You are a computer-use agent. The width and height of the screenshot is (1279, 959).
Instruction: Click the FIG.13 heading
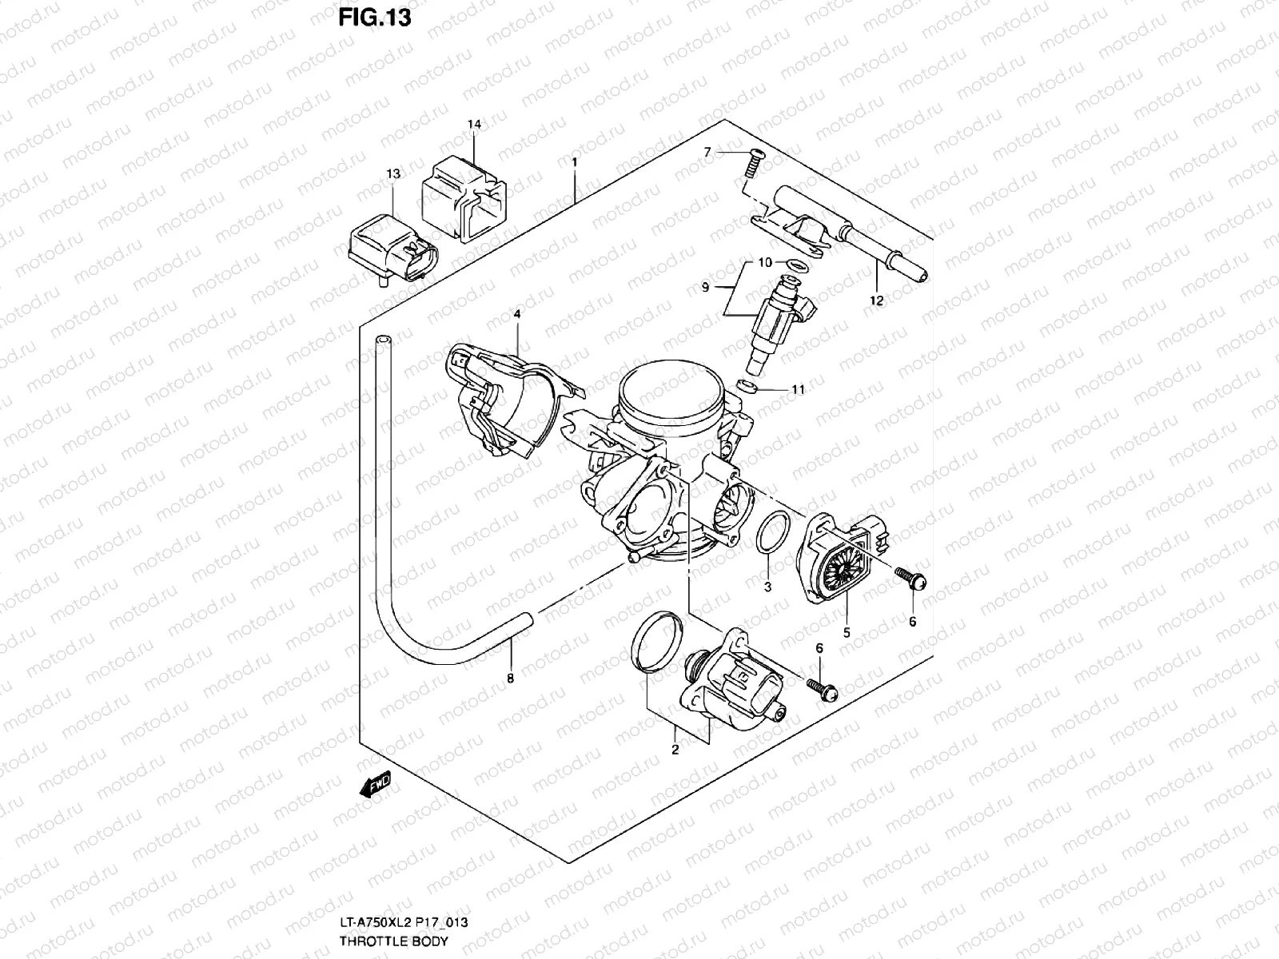tap(375, 17)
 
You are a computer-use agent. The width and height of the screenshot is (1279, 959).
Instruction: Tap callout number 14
tap(474, 125)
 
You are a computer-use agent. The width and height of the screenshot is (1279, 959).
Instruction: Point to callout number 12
tap(877, 300)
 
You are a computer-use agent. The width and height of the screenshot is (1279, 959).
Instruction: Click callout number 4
tap(517, 315)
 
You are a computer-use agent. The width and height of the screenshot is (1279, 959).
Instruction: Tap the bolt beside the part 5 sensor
tap(909, 577)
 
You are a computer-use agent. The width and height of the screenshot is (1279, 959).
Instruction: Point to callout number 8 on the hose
tap(510, 678)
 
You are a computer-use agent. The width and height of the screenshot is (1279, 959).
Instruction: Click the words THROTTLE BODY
tap(394, 943)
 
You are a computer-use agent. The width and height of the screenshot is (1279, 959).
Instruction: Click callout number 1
tap(574, 162)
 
